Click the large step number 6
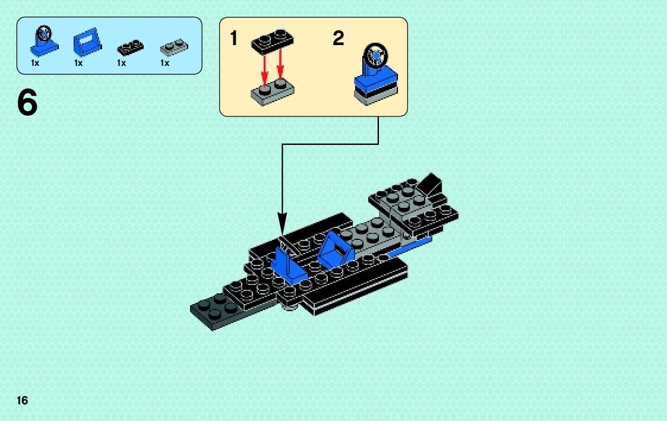[27, 103]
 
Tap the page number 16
[22, 401]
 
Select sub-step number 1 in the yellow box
[234, 39]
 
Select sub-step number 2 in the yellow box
[338, 39]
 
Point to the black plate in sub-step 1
[273, 40]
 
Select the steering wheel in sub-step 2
[376, 56]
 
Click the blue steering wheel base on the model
[290, 268]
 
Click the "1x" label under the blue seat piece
[78, 63]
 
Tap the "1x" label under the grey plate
[165, 63]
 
